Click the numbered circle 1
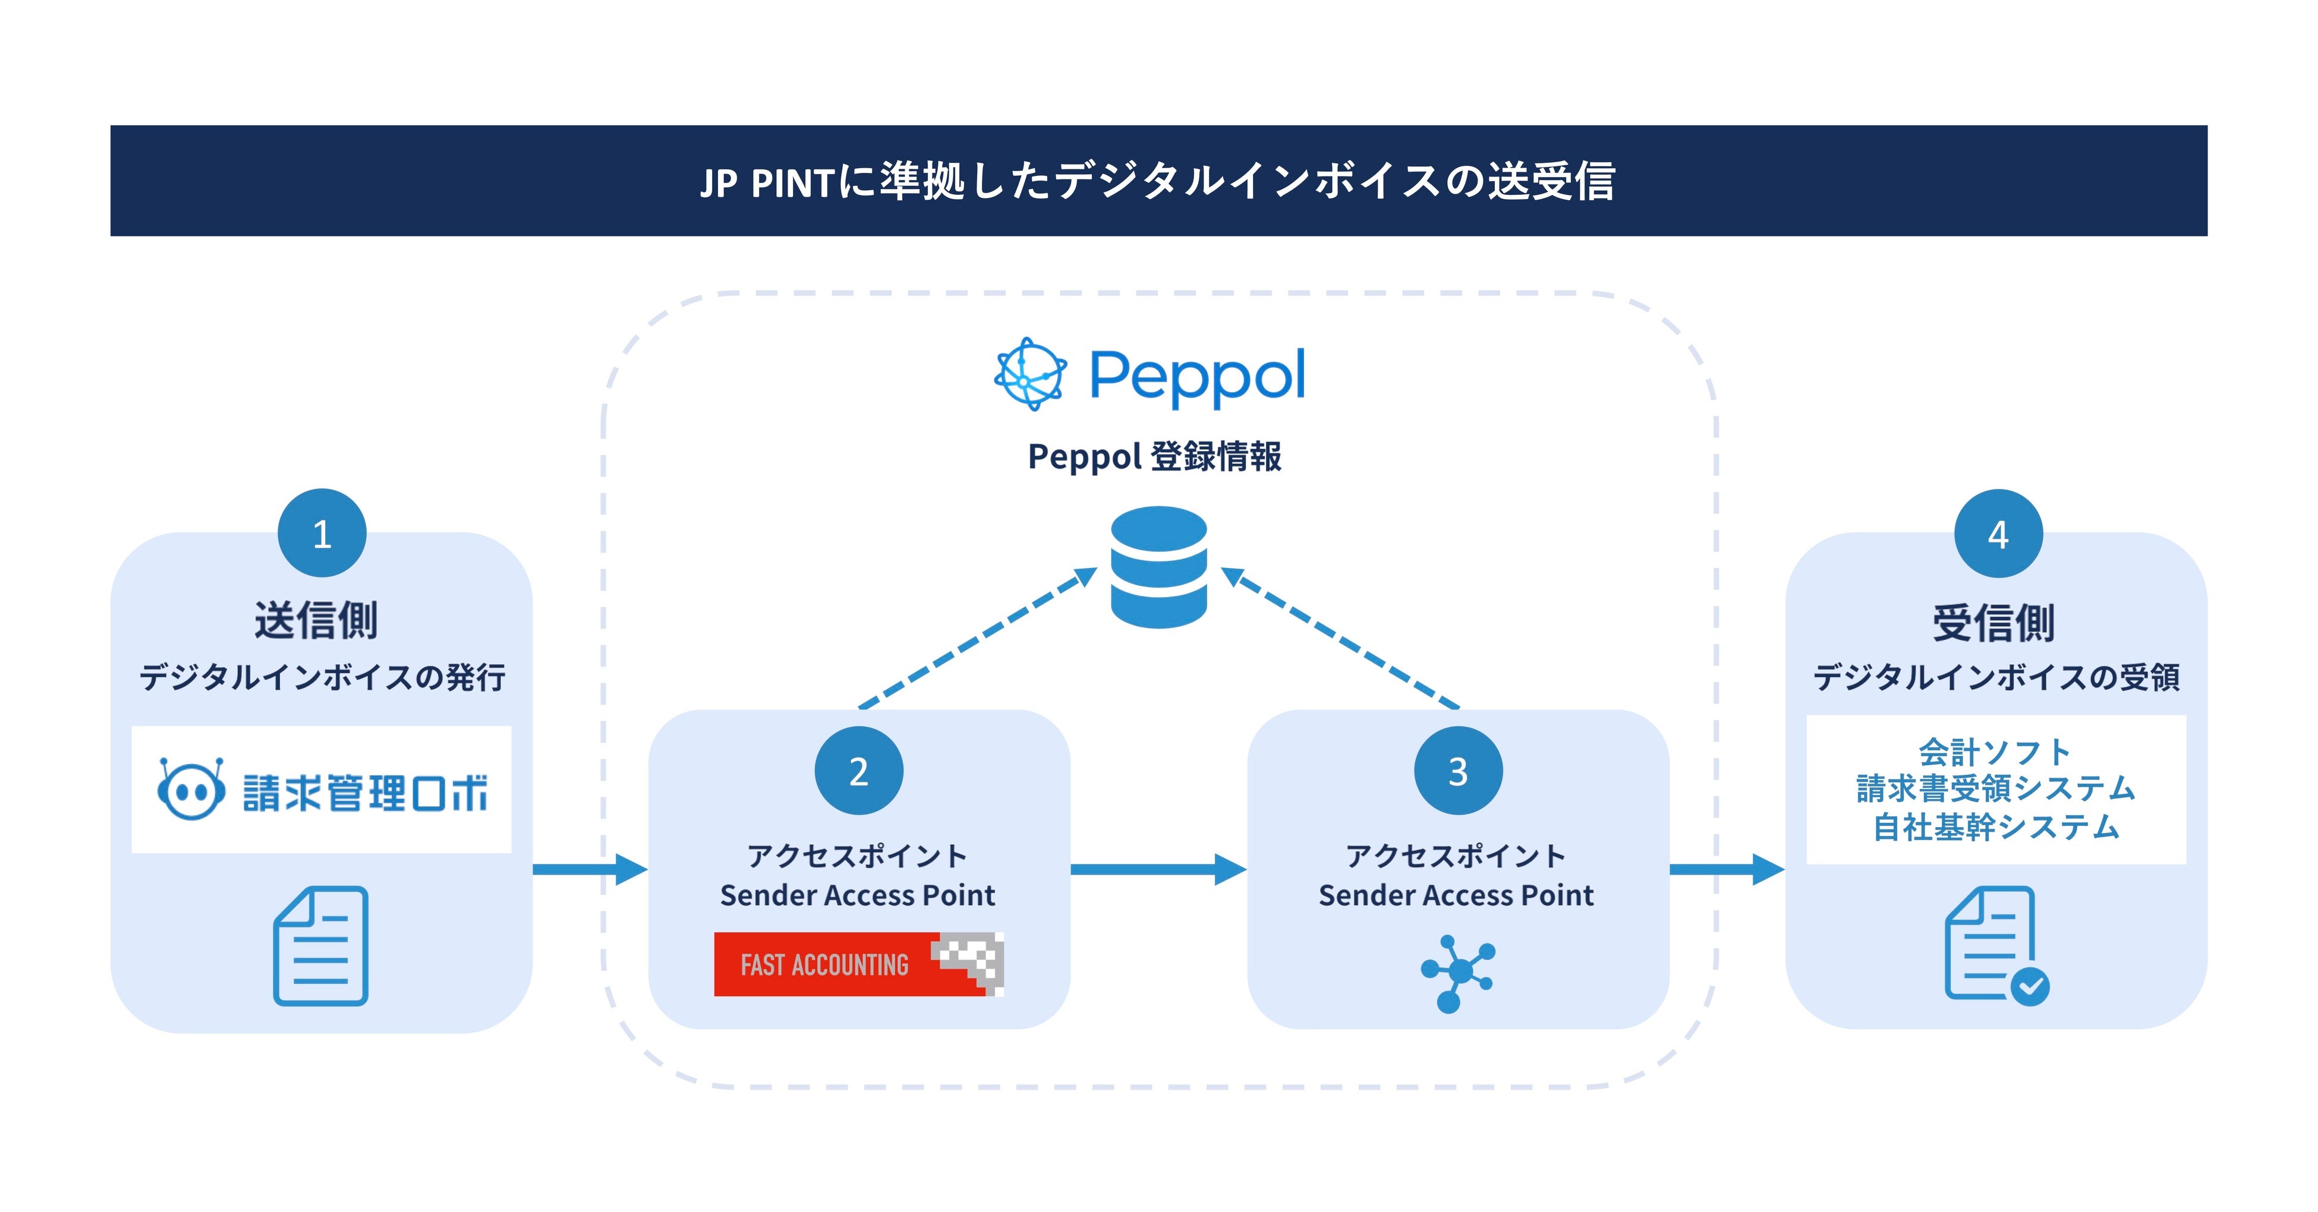coord(322,533)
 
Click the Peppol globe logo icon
coord(1031,374)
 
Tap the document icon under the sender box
coord(321,946)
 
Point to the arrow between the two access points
coord(1158,869)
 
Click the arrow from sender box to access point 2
coord(590,869)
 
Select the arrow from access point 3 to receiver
coord(1727,869)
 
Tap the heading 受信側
coord(1994,623)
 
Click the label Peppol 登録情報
coord(1154,456)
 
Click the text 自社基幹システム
coord(1996,826)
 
